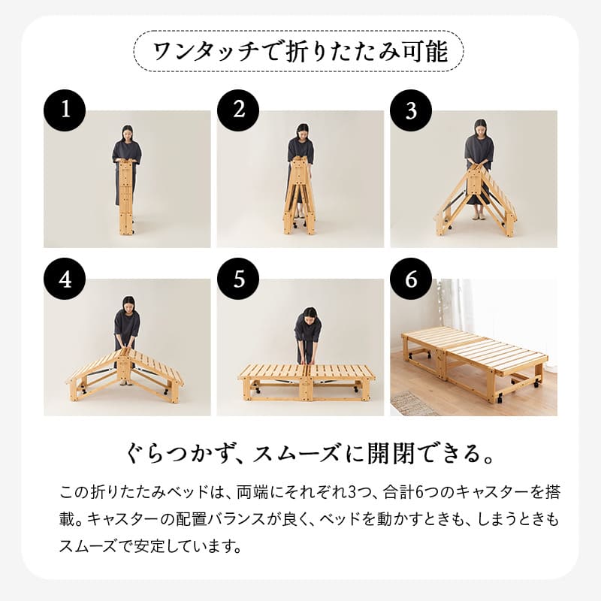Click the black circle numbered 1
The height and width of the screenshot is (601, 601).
coord(65,110)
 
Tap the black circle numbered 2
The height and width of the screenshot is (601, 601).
coord(238,110)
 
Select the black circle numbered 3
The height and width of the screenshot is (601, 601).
coord(411,110)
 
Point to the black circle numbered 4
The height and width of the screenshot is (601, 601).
coord(65,279)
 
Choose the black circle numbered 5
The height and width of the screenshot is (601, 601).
coord(238,279)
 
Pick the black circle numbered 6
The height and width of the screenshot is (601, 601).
coord(411,279)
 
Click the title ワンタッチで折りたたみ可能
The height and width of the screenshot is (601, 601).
coord(300,52)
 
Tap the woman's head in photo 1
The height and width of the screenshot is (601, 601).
coord(127,132)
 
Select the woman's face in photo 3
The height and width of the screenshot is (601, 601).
coord(480,128)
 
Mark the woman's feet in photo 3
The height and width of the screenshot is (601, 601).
coord(479,216)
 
